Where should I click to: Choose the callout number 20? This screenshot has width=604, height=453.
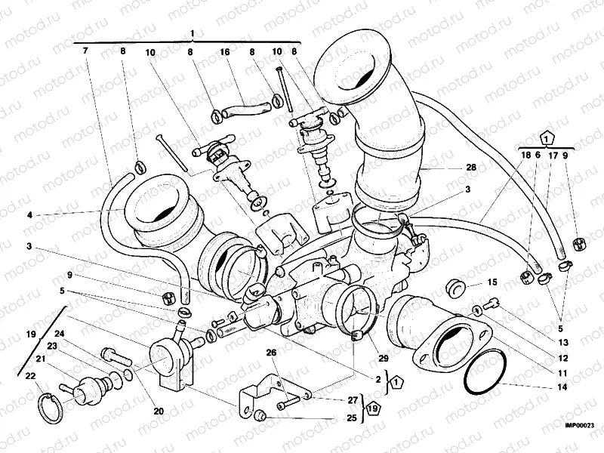(x=158, y=411)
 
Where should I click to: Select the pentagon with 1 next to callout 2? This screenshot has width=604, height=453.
(x=397, y=384)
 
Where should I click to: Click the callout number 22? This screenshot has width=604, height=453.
(x=29, y=375)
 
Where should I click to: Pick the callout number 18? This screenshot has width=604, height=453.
(x=526, y=154)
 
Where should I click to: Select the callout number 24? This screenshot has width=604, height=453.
(x=59, y=333)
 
